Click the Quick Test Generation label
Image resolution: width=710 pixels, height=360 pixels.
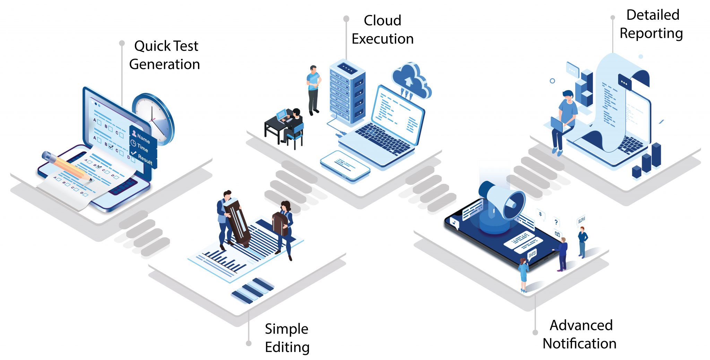point(165,55)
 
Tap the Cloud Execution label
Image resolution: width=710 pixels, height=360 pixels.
point(382,30)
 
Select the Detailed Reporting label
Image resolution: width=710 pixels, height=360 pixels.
point(651,24)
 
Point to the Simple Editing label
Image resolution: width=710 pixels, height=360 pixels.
point(287,338)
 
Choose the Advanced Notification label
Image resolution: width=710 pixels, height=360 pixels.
point(579,334)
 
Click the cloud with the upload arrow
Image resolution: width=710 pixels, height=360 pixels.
point(410,80)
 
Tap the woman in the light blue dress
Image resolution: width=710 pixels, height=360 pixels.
point(523,274)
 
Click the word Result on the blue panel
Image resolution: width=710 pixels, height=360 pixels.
point(145,160)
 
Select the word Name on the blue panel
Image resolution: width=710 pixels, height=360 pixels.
point(143,139)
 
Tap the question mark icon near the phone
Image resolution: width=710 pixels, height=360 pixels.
point(556,222)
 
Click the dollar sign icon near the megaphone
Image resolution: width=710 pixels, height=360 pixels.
point(540,214)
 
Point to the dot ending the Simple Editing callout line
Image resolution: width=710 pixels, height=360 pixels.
point(249,343)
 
